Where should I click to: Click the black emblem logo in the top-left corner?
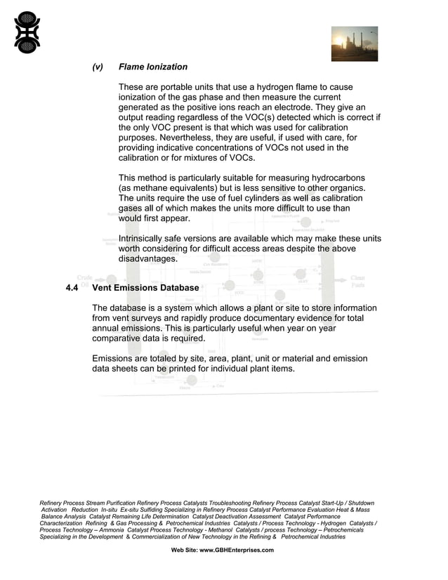[x=27, y=32]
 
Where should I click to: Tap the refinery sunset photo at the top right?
[x=355, y=44]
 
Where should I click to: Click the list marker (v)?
[x=98, y=67]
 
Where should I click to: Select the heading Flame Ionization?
[x=153, y=67]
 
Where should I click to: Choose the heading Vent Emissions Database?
[x=146, y=288]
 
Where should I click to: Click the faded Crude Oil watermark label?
[x=84, y=281]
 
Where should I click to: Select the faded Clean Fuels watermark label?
[x=357, y=282]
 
